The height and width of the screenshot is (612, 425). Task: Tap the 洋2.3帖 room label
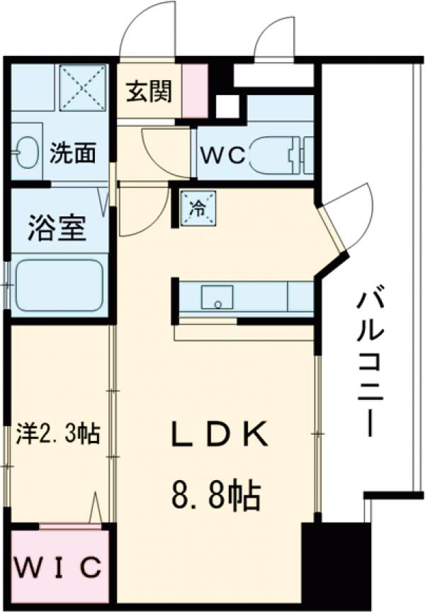coord(57,433)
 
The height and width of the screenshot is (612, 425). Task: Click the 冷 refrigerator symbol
coord(198,208)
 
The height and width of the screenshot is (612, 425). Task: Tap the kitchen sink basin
coord(217,297)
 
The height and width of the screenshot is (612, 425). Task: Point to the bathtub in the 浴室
coord(59,284)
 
